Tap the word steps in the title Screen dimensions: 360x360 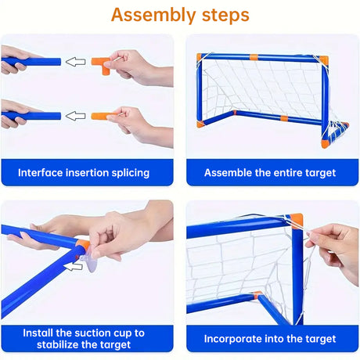(x=221, y=15)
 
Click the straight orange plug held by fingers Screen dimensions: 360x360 (x=104, y=116)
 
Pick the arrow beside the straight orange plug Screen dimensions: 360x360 (x=74, y=116)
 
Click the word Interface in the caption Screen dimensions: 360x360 (x=43, y=173)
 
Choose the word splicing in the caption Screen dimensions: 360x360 (x=126, y=173)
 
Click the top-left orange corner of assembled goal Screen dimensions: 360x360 (x=202, y=57)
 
